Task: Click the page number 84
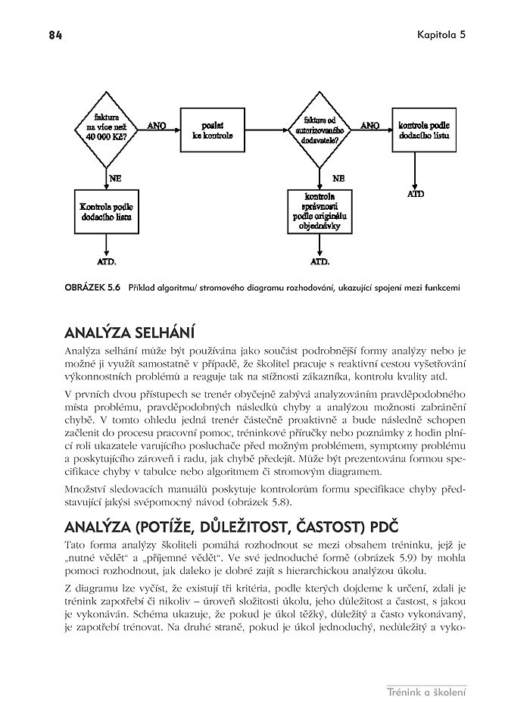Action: point(55,35)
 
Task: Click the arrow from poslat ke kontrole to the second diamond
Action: point(266,130)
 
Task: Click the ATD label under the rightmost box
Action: point(416,194)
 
